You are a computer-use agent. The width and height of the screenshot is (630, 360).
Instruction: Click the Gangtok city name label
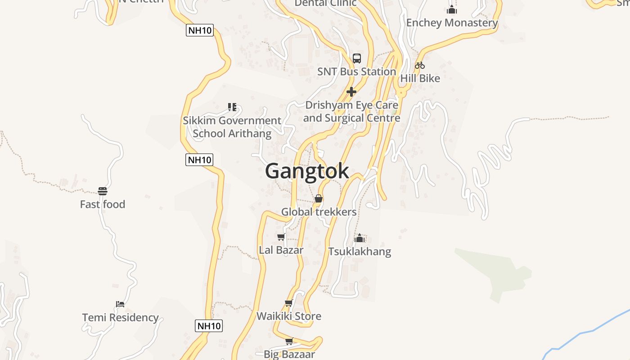pyautogui.click(x=307, y=171)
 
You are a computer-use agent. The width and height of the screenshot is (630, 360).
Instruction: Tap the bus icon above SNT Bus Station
pyautogui.click(x=357, y=58)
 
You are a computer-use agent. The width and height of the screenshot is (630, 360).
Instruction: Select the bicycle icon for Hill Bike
pyautogui.click(x=420, y=65)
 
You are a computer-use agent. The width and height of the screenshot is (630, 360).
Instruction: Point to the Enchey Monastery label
pyautogui.click(x=452, y=22)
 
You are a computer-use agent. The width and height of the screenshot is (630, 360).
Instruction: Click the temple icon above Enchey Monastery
pyautogui.click(x=452, y=9)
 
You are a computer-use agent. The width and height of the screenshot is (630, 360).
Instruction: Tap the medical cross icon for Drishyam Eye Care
pyautogui.click(x=351, y=92)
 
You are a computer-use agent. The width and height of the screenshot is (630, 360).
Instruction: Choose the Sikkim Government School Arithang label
pyautogui.click(x=232, y=127)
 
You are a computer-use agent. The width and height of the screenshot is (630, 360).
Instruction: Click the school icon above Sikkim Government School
pyautogui.click(x=232, y=107)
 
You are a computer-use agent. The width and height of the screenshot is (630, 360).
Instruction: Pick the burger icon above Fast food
pyautogui.click(x=103, y=191)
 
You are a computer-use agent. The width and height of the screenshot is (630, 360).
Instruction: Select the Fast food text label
pyautogui.click(x=103, y=204)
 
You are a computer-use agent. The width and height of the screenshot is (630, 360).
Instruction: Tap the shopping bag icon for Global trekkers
pyautogui.click(x=319, y=198)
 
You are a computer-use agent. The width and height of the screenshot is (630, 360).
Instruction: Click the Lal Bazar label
pyautogui.click(x=281, y=250)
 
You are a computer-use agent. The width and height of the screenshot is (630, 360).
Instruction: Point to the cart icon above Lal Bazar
pyautogui.click(x=281, y=237)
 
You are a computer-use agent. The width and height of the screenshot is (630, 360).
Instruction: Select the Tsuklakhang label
pyautogui.click(x=360, y=251)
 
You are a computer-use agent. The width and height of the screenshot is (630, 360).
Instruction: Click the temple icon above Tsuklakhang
pyautogui.click(x=360, y=238)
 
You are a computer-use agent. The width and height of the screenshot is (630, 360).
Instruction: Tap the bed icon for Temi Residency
pyautogui.click(x=120, y=304)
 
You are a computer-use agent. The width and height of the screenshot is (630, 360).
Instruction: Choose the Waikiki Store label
pyautogui.click(x=289, y=316)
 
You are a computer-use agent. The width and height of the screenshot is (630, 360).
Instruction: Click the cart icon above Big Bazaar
pyautogui.click(x=289, y=341)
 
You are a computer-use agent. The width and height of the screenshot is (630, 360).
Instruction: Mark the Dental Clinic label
pyautogui.click(x=325, y=3)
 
